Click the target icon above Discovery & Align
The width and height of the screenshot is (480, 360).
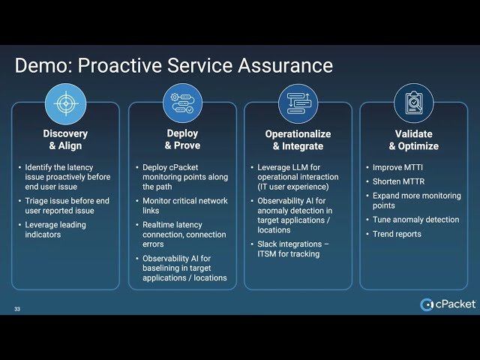point(66,103)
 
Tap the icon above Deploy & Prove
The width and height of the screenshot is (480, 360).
point(182,103)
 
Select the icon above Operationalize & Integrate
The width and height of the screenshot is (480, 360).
point(298,103)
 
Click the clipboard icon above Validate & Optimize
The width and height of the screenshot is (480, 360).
point(414,103)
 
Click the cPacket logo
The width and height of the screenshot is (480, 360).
point(447,304)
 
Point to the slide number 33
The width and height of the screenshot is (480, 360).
point(17,309)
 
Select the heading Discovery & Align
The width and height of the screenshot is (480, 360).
point(65,139)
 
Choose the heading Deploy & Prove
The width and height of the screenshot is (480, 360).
point(182,139)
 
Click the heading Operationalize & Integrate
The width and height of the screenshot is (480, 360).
point(298,140)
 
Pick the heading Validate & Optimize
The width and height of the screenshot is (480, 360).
point(414,140)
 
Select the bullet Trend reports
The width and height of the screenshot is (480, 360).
point(397,234)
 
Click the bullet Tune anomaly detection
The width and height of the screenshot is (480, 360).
point(415,220)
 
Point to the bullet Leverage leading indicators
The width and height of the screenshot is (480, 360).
point(55,229)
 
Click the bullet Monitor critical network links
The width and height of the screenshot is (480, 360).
point(184,206)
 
